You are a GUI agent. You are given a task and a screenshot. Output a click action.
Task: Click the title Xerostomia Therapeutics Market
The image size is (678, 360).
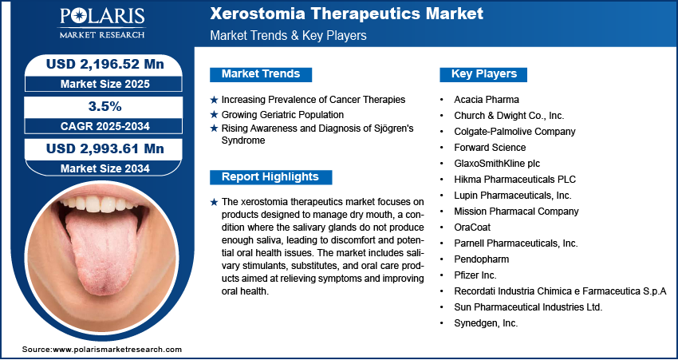[x=345, y=14]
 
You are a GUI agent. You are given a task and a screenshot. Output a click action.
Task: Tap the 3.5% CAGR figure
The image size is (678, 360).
[x=104, y=105]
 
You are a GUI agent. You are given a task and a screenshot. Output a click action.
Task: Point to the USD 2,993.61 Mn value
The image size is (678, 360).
[x=104, y=148]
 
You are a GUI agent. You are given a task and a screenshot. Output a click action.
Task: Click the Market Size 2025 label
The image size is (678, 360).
[x=104, y=83]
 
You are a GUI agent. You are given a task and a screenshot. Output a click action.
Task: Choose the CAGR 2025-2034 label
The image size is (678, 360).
[x=104, y=126]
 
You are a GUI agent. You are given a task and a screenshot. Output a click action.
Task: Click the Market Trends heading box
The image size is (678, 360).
[x=261, y=74]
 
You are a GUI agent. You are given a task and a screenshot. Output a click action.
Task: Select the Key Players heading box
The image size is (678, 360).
[x=483, y=74]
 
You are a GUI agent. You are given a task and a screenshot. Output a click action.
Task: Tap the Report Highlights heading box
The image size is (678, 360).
[x=270, y=177]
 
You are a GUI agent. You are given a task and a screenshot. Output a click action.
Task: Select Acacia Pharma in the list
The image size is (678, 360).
[x=486, y=100]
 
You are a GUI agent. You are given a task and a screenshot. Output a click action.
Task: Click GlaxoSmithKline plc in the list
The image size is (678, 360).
[x=496, y=164]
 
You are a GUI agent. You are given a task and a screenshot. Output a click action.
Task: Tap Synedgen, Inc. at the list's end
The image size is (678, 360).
[x=486, y=323]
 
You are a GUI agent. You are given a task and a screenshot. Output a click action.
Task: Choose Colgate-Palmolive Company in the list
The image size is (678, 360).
[x=514, y=132]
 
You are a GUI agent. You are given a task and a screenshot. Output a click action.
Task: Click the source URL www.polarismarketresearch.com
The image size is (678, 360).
[x=116, y=350]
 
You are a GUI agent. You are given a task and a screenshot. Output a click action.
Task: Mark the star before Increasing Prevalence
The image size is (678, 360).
[x=213, y=100]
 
